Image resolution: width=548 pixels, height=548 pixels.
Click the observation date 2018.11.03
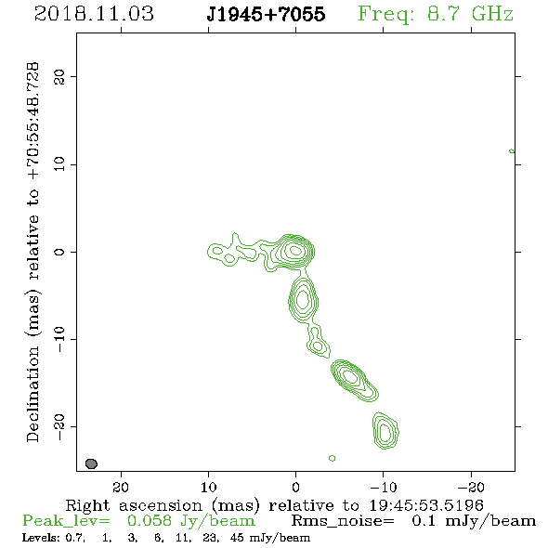click(x=94, y=14)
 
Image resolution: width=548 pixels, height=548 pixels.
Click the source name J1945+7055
click(x=266, y=14)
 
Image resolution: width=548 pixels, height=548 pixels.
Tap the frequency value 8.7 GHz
click(x=470, y=14)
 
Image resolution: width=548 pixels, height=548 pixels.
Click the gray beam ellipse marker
click(x=91, y=463)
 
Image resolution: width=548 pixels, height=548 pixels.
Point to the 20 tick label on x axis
click(x=121, y=487)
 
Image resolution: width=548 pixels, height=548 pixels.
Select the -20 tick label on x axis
click(x=471, y=487)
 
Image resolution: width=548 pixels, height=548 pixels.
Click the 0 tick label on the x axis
click(x=295, y=487)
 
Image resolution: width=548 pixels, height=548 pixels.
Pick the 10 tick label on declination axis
click(x=59, y=163)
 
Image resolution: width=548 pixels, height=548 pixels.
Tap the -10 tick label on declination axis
click(x=59, y=339)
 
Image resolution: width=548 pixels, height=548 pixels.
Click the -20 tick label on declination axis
click(x=59, y=427)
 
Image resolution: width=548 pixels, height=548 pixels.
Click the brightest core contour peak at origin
click(x=295, y=250)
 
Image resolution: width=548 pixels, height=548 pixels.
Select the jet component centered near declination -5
click(x=303, y=299)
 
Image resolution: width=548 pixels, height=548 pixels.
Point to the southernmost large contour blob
click(x=385, y=431)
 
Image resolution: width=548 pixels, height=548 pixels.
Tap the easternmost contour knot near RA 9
click(x=217, y=251)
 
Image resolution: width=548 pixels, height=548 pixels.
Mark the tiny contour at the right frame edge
click(x=512, y=151)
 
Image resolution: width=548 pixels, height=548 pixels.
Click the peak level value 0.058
click(x=150, y=521)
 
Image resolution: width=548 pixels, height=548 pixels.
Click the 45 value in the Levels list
click(x=237, y=537)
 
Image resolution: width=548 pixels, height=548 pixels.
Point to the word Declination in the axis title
click(x=33, y=394)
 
